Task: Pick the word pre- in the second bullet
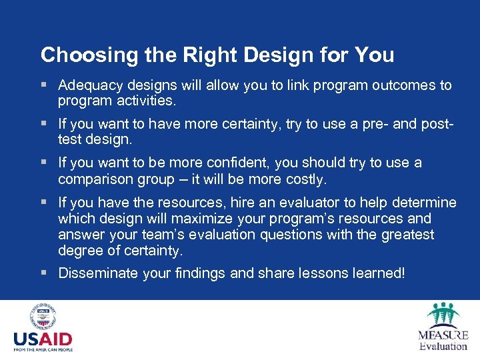[392, 124]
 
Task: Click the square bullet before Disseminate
[44, 273]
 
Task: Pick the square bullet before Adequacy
[44, 85]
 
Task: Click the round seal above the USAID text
[43, 318]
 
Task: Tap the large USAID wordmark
[43, 339]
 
